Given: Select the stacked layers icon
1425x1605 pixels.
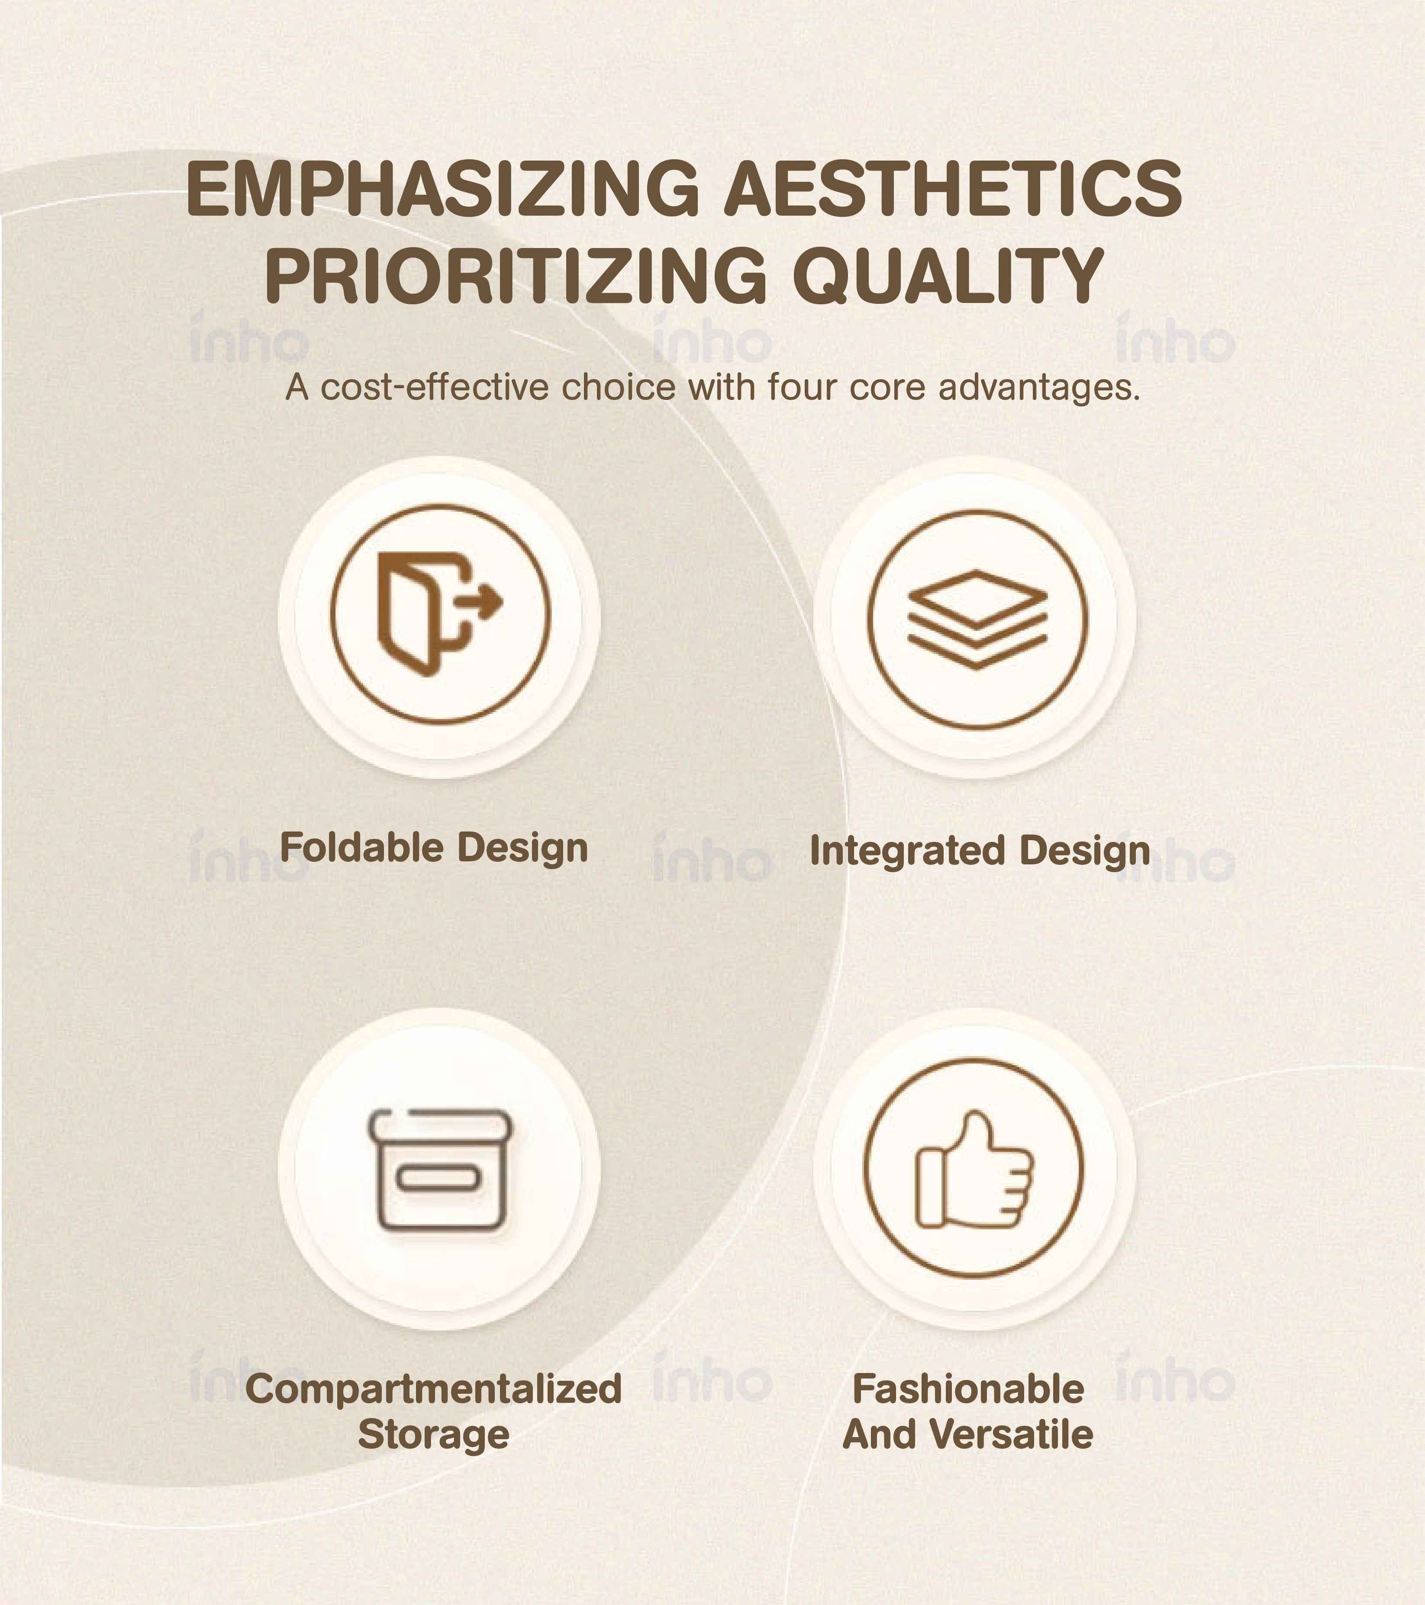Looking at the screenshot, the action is pos(977,619).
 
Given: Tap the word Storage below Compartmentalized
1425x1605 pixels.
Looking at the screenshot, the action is pos(433,1434).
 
